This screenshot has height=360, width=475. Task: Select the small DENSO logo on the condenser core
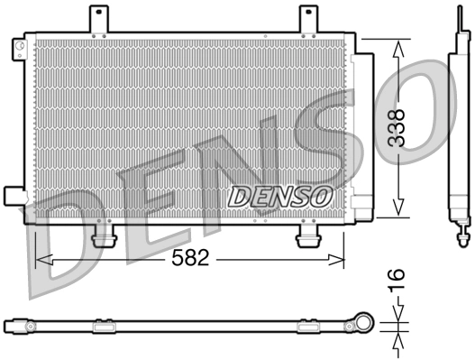coord(281,193)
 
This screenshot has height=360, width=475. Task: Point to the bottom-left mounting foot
coord(105,236)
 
